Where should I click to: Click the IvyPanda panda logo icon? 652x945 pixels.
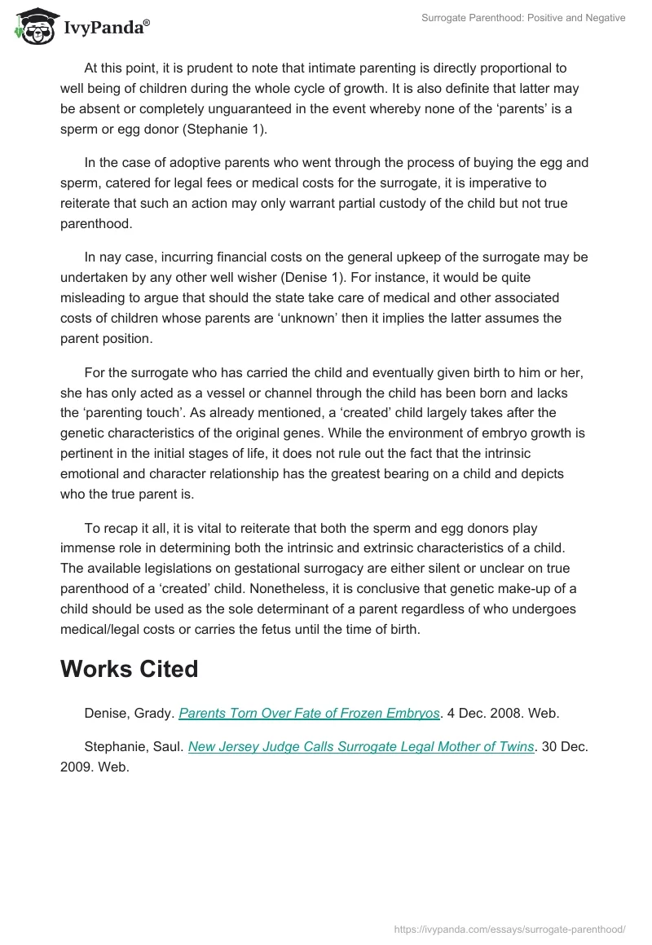click(x=33, y=24)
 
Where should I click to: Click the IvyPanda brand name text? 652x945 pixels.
click(x=106, y=28)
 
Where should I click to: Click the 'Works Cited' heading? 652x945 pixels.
click(x=129, y=668)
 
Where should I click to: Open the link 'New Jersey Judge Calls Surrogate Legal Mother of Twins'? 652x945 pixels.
click(x=361, y=746)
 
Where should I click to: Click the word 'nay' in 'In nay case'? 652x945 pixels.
click(x=112, y=257)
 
